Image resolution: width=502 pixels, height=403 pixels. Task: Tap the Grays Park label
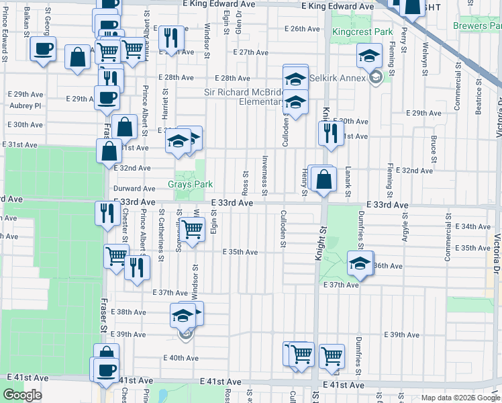[190, 184]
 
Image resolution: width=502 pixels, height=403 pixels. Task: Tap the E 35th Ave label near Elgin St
[240, 253]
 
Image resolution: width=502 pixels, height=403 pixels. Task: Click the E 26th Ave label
[302, 29]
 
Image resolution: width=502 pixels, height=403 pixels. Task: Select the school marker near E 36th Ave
[360, 263]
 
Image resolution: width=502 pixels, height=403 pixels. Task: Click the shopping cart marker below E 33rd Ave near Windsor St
[193, 229]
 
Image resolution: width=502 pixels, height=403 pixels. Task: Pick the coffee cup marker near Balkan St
[43, 49]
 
